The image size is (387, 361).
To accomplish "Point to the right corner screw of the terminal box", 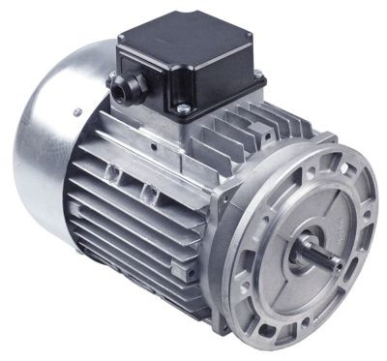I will (258, 75).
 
